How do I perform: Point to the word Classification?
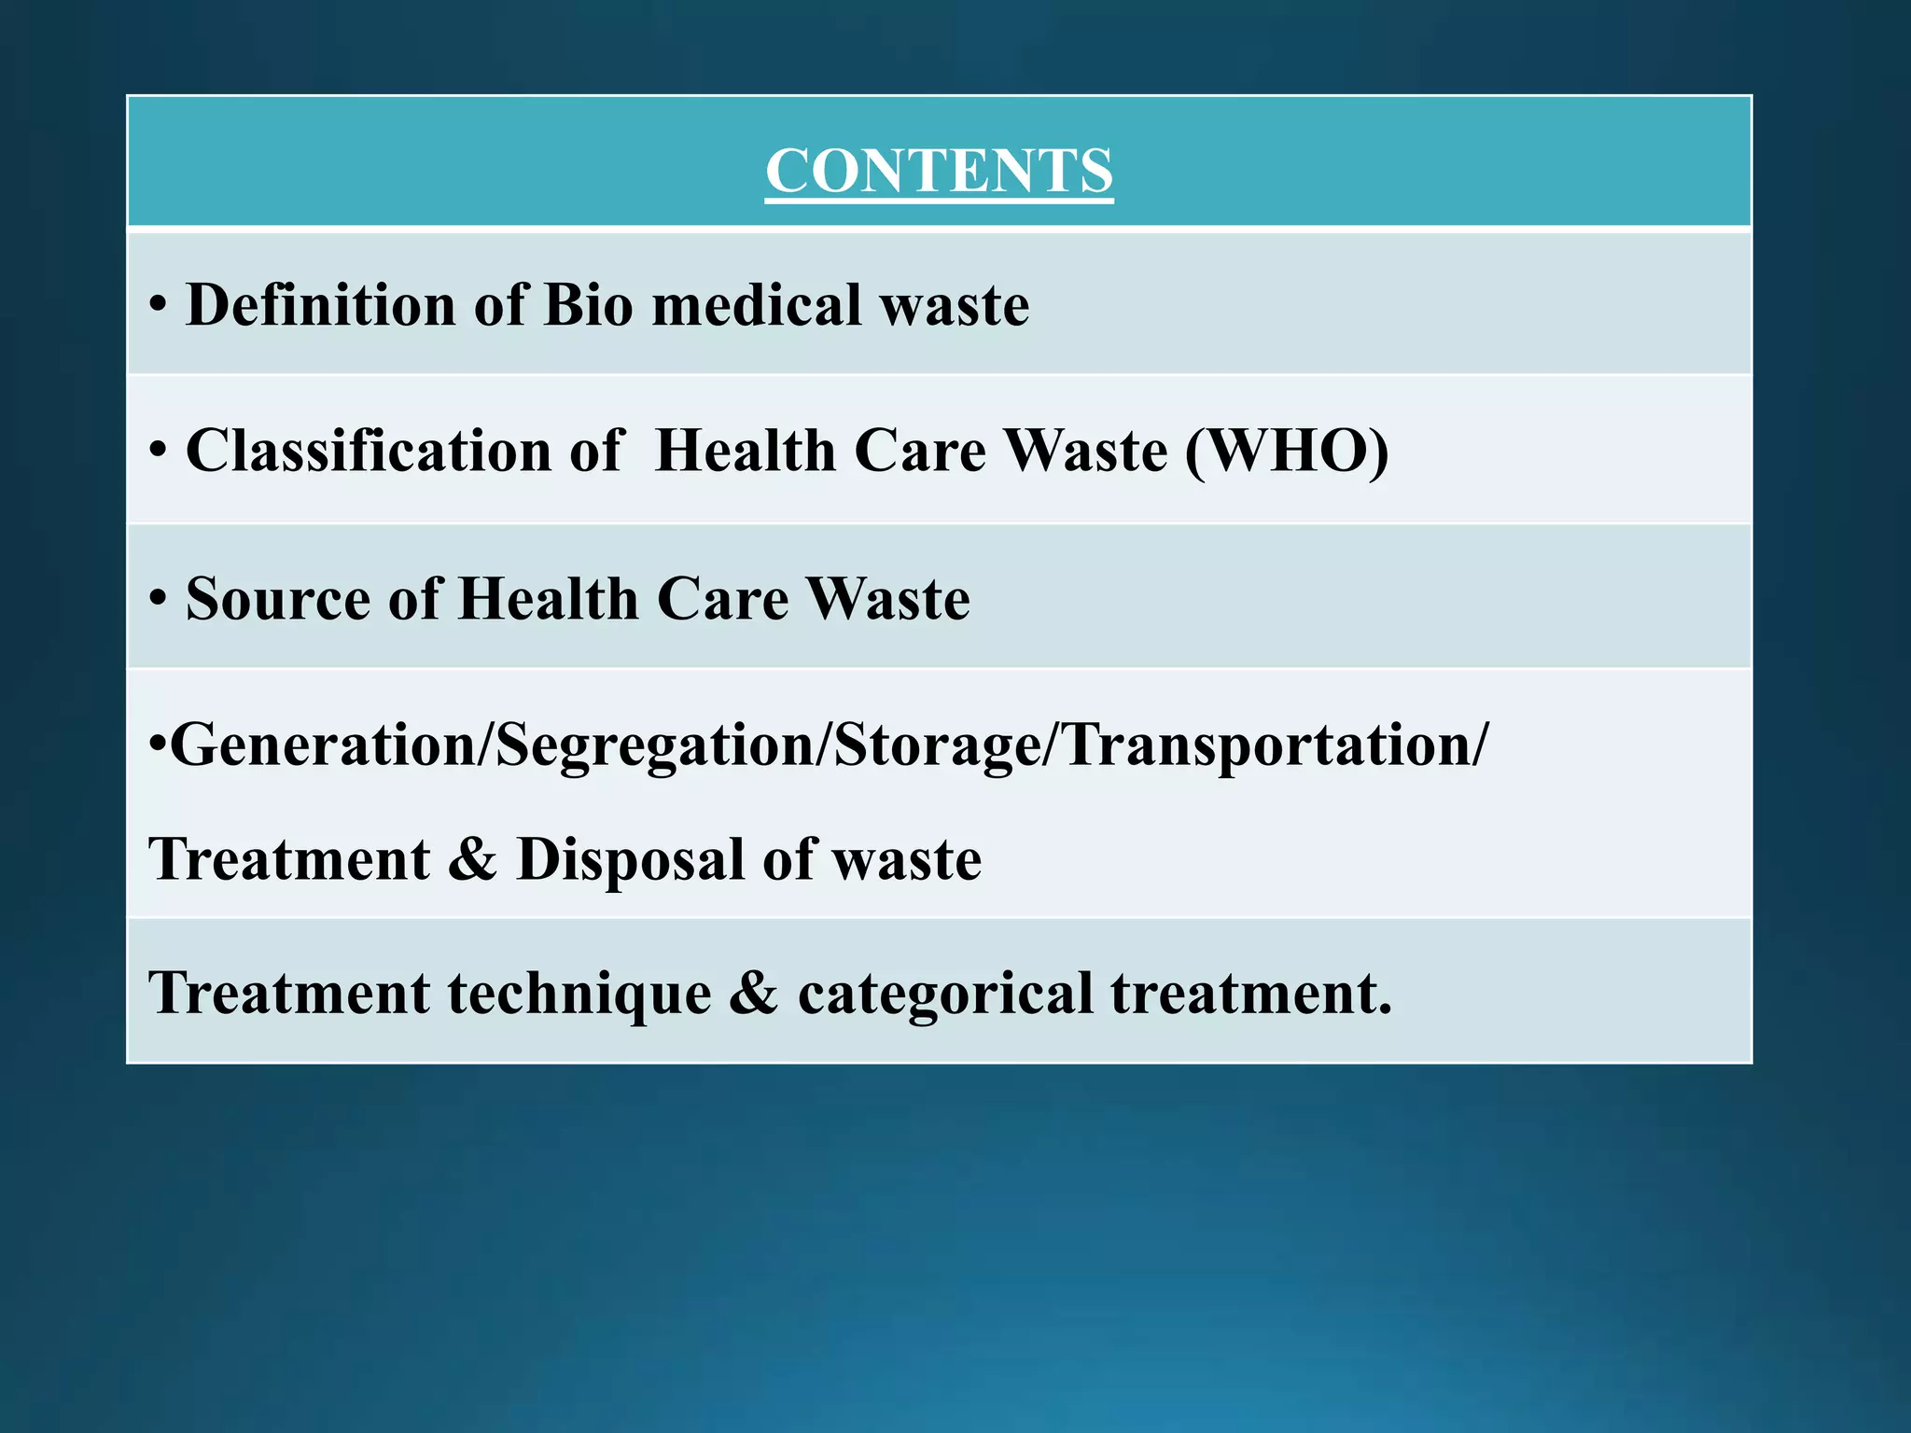(x=369, y=451)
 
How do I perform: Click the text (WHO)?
(x=1287, y=451)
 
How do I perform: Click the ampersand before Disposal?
(x=472, y=858)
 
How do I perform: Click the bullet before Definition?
(x=158, y=306)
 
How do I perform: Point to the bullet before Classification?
(x=158, y=452)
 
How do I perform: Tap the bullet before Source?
(x=158, y=600)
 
